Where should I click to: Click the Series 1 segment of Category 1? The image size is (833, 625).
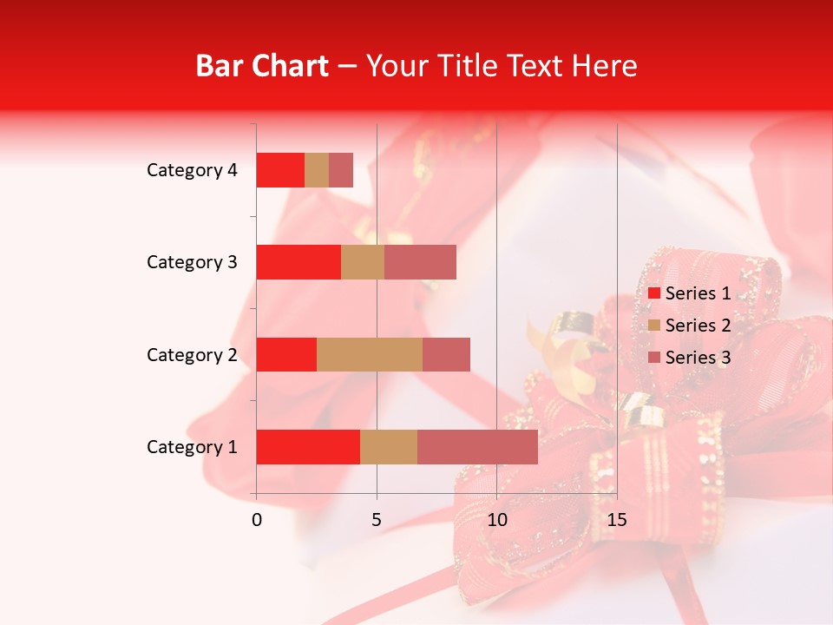(x=308, y=446)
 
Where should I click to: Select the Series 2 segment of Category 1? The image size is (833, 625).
(x=389, y=446)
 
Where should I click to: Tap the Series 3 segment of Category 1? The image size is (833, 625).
(x=477, y=446)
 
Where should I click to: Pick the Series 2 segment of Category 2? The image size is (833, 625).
(x=370, y=354)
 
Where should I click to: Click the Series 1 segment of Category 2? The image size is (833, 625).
(x=286, y=354)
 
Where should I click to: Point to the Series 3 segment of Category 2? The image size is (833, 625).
(x=446, y=354)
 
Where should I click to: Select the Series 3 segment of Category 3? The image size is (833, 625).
(x=420, y=262)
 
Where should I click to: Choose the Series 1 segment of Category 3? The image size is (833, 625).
(x=298, y=262)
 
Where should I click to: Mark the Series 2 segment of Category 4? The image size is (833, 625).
(x=317, y=170)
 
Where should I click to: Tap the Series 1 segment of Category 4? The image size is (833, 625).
(x=280, y=170)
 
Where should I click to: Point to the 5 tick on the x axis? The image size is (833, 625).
(x=377, y=520)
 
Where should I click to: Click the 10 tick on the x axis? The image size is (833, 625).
(x=496, y=520)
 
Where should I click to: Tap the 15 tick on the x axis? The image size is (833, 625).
(x=616, y=520)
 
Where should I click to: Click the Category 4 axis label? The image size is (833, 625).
(x=192, y=170)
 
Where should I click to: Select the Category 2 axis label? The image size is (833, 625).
(x=192, y=354)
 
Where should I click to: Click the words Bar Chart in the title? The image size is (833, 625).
(x=261, y=66)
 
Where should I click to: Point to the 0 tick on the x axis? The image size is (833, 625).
(x=257, y=520)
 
